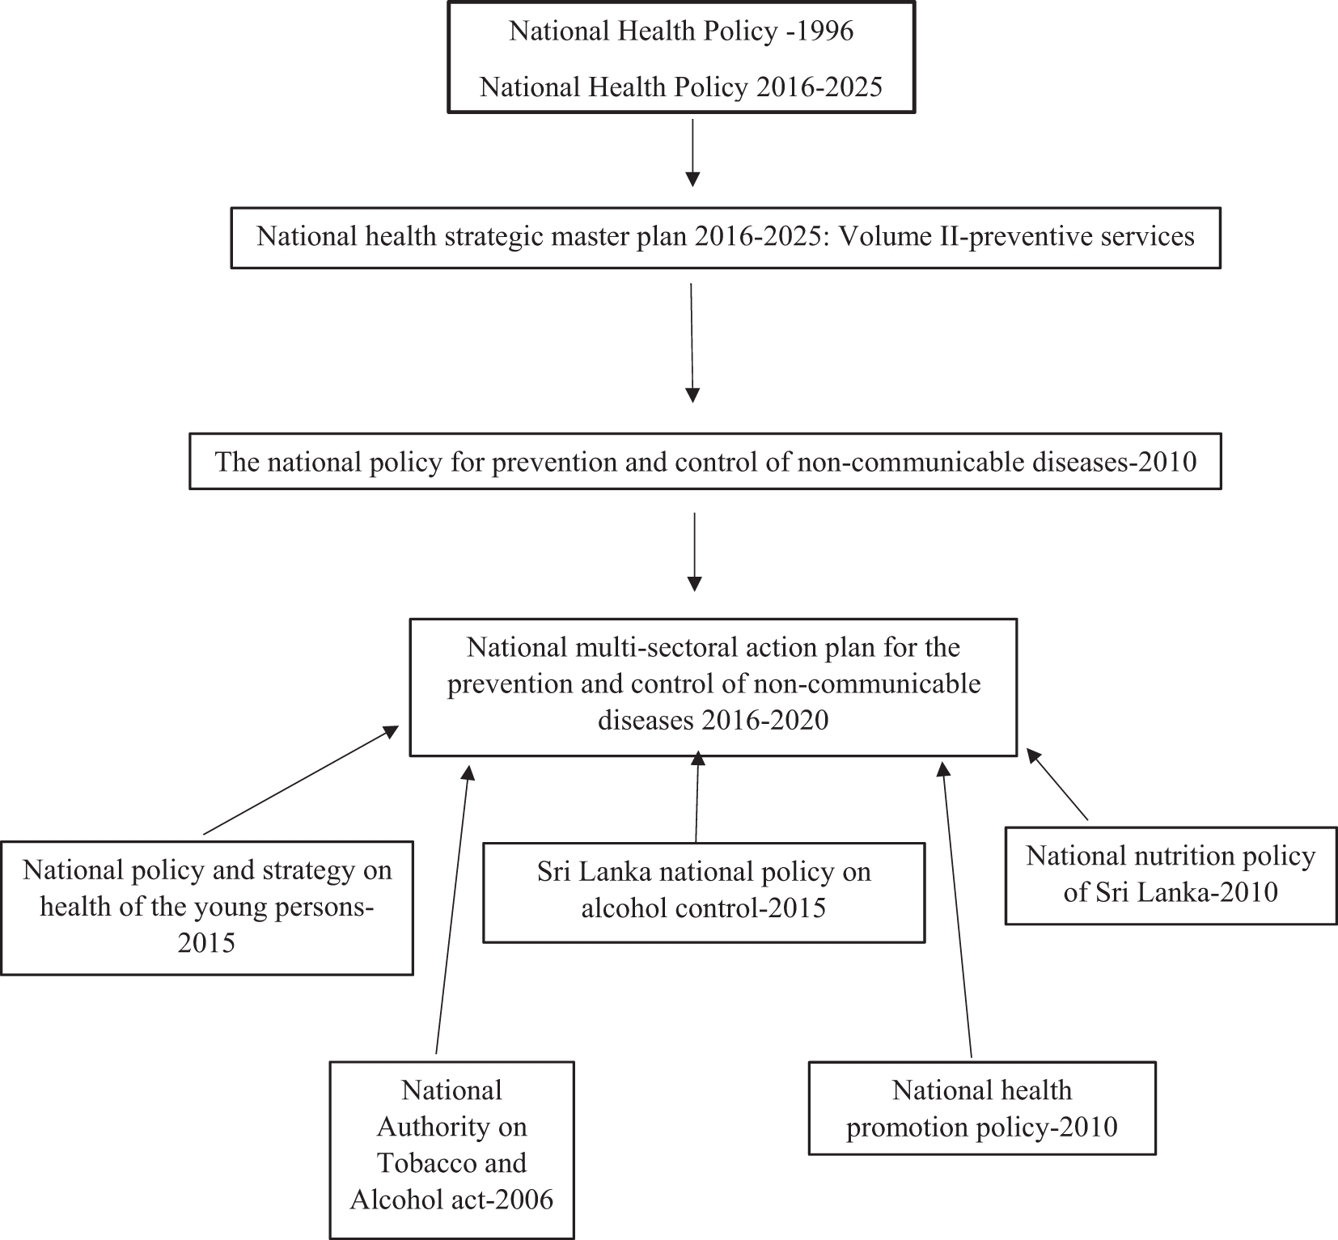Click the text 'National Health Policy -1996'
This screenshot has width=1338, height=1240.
point(681,32)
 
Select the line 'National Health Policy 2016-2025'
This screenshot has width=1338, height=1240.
point(681,87)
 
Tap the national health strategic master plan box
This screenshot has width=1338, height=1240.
point(726,238)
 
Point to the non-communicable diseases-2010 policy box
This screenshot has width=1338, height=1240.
point(705,461)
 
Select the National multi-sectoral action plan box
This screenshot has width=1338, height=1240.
point(713,688)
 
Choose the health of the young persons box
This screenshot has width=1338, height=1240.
point(207,908)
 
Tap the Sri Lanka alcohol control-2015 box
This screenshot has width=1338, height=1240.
point(704,892)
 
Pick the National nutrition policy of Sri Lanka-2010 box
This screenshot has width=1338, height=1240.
point(1171,875)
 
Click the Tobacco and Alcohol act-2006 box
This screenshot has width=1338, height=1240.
point(451,1149)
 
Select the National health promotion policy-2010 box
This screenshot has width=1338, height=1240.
point(982,1107)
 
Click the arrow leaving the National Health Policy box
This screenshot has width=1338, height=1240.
point(692,153)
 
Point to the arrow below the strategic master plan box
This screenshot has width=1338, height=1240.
point(692,343)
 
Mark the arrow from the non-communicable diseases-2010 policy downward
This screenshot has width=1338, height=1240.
point(693,552)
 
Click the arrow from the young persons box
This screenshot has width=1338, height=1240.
point(301,780)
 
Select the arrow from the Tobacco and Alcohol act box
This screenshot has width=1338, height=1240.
point(452,908)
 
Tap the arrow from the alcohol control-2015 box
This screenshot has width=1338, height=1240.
point(697,796)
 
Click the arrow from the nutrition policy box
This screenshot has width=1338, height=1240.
point(1057,784)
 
